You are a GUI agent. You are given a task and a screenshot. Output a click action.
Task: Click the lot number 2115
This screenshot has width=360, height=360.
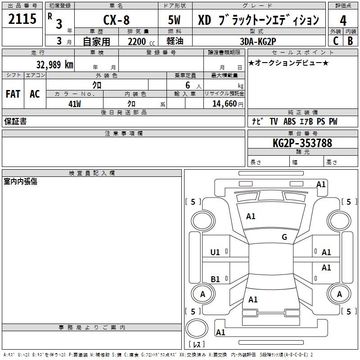point(22,19)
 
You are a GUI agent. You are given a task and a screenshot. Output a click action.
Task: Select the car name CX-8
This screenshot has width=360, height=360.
point(117,20)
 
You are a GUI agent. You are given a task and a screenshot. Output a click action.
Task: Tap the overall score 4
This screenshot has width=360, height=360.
point(343,21)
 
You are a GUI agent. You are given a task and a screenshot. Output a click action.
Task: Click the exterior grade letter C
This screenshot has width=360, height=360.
point(336,41)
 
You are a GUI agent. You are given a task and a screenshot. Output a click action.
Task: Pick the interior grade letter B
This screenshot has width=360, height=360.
point(351,41)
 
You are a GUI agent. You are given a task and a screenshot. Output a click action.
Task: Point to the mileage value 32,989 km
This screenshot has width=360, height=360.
point(55,64)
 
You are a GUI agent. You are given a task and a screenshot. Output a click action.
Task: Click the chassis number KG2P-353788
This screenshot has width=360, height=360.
point(302,143)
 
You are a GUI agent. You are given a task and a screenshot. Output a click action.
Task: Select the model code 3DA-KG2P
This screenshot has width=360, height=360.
point(258,41)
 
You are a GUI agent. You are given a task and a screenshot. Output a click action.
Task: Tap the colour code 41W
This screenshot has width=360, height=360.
point(75,104)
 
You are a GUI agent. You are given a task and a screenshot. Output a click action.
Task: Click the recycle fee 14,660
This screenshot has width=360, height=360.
point(225,104)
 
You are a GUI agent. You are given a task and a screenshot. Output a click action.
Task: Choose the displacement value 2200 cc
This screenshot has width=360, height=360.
point(141,41)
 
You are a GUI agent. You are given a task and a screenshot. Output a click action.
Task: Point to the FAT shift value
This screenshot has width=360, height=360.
point(13,94)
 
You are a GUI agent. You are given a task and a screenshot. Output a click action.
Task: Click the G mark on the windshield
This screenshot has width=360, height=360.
point(284,237)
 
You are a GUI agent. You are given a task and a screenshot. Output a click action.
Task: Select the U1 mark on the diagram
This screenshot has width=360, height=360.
point(215,252)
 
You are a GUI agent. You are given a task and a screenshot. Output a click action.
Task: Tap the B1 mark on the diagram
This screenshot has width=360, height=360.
point(215,279)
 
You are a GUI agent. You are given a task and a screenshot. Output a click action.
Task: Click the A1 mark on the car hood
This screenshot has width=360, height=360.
point(251,216)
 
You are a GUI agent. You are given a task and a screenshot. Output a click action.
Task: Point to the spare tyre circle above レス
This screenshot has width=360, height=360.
point(197,328)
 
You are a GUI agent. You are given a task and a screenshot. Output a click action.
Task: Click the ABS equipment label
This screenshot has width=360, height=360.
point(289,121)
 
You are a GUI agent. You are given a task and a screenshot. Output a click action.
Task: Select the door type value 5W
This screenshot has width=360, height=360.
point(174,20)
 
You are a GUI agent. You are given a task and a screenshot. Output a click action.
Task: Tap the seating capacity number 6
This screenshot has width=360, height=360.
point(188,85)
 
